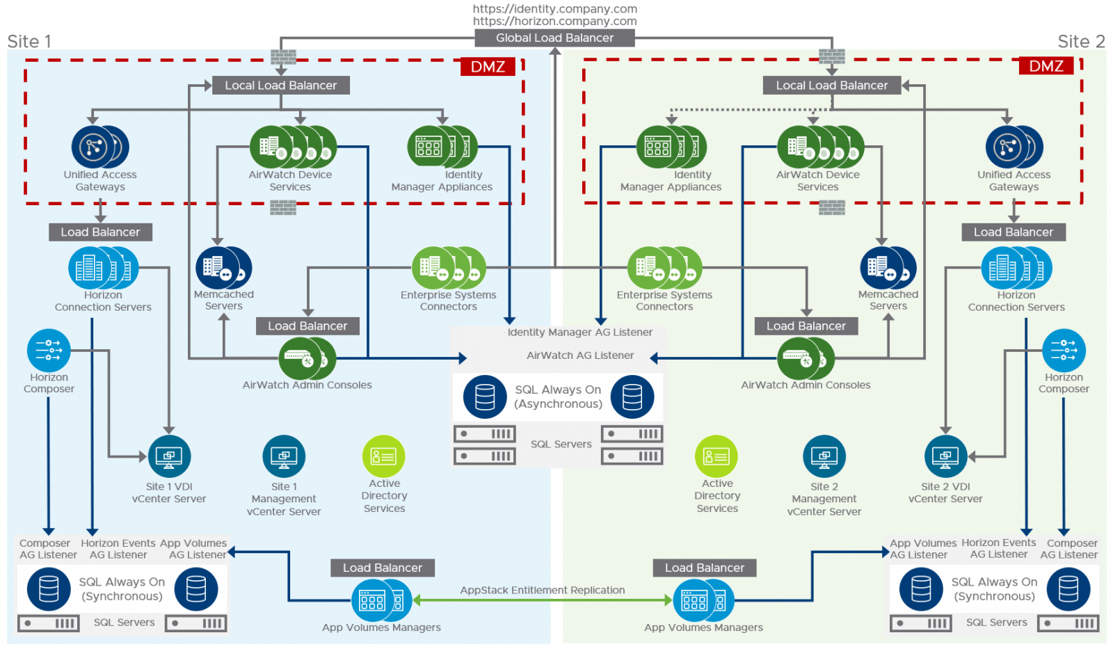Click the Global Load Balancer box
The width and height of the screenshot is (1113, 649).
click(x=554, y=38)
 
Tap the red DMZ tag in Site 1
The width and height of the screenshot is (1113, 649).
click(x=488, y=67)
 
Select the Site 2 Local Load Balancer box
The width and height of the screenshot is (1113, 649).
click(x=831, y=86)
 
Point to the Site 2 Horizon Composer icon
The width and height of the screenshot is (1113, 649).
click(x=1063, y=350)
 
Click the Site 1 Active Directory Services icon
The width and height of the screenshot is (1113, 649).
click(x=383, y=456)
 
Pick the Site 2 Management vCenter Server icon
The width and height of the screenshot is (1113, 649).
click(x=824, y=456)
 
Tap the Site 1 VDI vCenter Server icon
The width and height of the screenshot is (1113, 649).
click(x=169, y=456)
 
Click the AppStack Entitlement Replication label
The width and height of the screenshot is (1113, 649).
click(x=542, y=590)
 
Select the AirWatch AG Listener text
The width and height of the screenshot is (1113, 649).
click(x=579, y=355)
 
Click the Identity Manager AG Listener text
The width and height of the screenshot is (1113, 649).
click(x=579, y=332)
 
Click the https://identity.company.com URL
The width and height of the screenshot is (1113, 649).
click(x=554, y=9)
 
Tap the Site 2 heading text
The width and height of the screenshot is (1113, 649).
click(x=1080, y=42)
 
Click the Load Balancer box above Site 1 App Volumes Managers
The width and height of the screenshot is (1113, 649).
click(x=382, y=568)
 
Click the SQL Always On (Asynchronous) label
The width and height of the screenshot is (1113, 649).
click(x=558, y=396)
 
